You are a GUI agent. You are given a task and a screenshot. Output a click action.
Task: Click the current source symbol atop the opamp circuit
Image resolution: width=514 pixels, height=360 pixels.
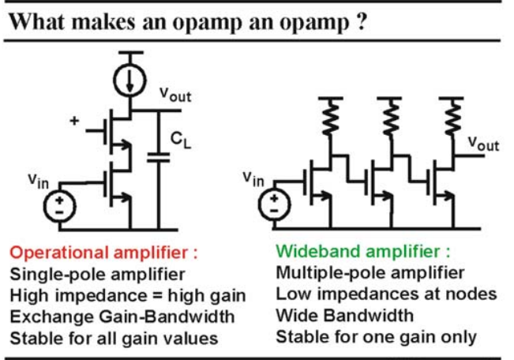tap(129, 81)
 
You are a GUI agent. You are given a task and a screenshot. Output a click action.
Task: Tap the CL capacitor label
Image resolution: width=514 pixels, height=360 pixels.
tap(181, 140)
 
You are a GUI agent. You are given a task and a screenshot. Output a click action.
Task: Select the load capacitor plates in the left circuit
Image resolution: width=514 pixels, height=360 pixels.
tap(159, 157)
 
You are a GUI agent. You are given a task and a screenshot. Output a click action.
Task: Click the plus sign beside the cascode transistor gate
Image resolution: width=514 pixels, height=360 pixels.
tap(74, 121)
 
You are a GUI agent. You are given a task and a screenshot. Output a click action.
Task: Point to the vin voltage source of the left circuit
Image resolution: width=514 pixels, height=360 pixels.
tap(60, 207)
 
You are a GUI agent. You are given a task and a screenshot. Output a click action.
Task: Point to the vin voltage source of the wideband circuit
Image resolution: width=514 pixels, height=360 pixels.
tap(275, 205)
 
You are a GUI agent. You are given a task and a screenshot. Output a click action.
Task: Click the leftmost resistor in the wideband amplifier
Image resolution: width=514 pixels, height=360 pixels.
tap(331, 117)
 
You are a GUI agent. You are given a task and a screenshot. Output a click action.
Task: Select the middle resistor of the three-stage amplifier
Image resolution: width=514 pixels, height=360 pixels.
tap(390, 117)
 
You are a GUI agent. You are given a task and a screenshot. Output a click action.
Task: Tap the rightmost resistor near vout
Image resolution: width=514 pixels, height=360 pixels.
tap(452, 117)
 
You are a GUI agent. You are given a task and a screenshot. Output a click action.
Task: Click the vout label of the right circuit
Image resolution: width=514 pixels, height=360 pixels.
tap(483, 144)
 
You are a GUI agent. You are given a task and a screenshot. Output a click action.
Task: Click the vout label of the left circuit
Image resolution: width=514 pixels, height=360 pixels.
tap(175, 95)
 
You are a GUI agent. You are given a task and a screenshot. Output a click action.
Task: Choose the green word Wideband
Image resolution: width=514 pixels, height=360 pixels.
tap(319, 252)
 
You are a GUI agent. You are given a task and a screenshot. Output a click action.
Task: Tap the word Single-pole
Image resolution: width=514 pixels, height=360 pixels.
tap(58, 275)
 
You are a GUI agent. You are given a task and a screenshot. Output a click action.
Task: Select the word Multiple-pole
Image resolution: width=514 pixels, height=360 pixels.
tap(331, 273)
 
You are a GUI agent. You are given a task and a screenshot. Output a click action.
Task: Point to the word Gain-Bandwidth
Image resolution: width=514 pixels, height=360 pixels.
tap(167, 317)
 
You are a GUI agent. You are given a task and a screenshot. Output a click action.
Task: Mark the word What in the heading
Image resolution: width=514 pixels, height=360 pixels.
tap(36, 22)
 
